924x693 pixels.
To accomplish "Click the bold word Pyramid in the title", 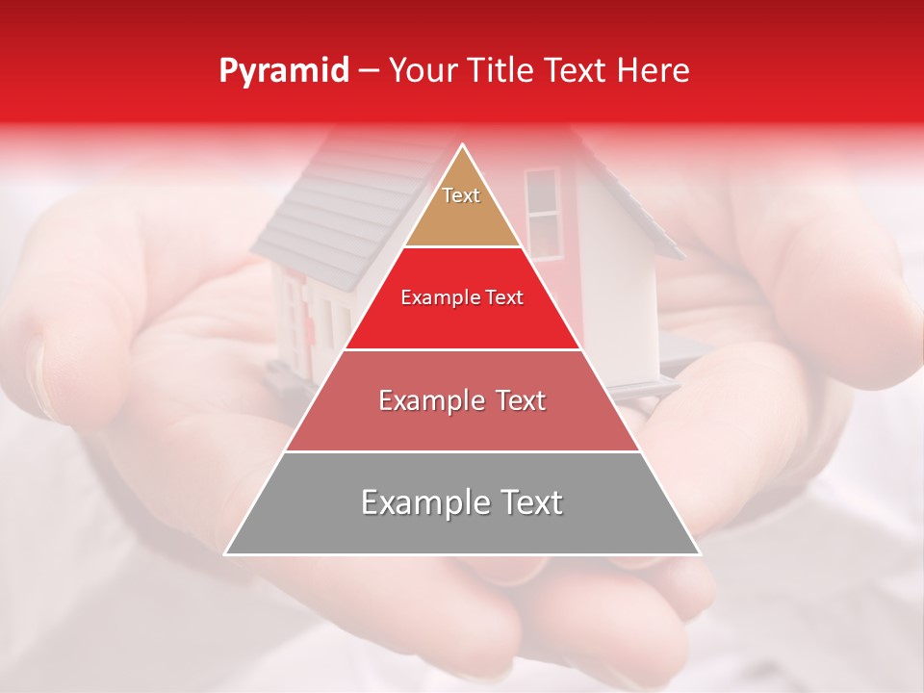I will (283, 71).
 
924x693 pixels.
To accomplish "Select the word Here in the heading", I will (654, 71).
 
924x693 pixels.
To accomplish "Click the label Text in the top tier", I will (461, 195).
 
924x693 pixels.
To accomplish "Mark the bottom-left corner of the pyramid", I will (226, 553).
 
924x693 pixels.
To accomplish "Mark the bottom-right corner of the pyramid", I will (700, 553).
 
